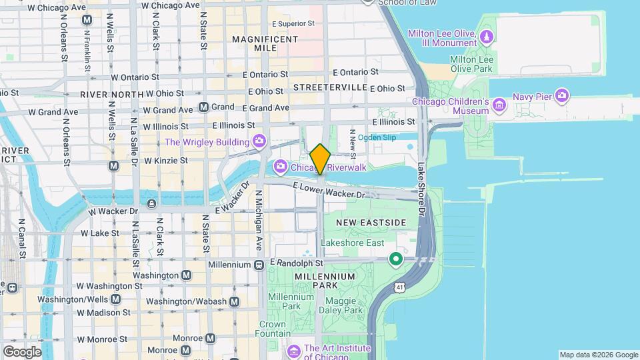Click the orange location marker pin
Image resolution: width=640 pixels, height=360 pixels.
(321, 159)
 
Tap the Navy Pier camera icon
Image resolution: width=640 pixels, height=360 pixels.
(561, 97)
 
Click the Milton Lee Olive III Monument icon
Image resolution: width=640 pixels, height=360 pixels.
(488, 36)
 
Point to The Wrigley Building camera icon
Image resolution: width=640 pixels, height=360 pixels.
(259, 141)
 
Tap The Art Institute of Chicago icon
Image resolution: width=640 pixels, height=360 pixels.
(293, 351)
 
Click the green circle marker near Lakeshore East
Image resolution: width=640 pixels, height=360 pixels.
(396, 259)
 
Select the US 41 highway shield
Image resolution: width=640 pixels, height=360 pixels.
(398, 287)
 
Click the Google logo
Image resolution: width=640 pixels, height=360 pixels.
(22, 352)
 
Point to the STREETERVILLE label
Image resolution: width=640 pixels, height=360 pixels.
(330, 87)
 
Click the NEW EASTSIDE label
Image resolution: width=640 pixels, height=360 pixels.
(371, 222)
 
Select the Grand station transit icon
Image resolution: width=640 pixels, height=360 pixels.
(204, 107)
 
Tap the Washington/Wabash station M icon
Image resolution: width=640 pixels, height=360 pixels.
(234, 302)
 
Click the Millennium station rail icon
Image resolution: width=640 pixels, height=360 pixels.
(259, 265)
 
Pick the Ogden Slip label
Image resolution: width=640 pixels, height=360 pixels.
(377, 137)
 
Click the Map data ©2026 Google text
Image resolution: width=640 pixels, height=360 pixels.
(598, 355)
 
